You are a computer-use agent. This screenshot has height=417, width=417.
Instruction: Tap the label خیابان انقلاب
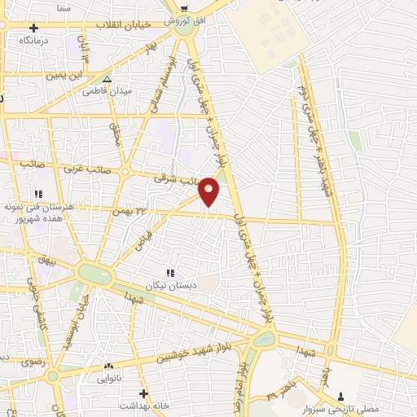tap(122, 25)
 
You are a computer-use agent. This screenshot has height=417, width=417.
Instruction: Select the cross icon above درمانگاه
tap(33, 28)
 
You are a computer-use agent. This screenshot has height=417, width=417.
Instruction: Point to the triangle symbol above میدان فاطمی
tap(108, 80)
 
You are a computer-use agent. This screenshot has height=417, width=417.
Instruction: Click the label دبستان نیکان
tap(167, 286)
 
